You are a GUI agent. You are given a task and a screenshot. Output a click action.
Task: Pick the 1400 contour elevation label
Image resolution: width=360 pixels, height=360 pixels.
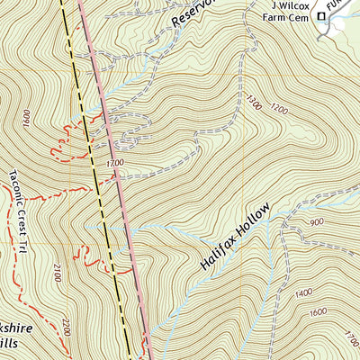tap(303, 292)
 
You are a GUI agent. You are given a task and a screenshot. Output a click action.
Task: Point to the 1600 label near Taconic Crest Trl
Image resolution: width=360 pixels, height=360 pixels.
tap(27, 117)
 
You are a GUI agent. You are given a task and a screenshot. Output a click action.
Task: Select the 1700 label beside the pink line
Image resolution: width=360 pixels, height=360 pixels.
tap(114, 163)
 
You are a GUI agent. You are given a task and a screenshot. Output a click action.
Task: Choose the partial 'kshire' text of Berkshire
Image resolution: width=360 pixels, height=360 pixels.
tap(16, 329)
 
